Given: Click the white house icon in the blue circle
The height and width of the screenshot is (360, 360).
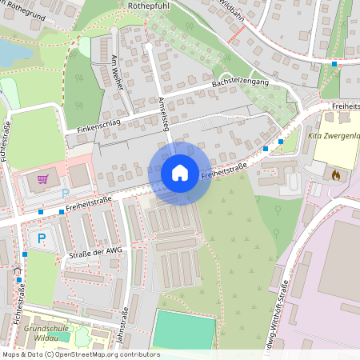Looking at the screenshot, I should [180, 172].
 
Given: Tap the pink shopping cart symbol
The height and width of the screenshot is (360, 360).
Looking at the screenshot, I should [43, 179].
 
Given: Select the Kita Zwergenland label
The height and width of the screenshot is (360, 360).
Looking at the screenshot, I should [333, 136].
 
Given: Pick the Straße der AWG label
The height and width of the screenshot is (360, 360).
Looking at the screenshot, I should [97, 254].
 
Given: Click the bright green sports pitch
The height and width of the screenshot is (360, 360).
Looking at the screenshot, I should [184, 330].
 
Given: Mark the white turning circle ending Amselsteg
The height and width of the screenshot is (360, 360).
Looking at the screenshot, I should [148, 47].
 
